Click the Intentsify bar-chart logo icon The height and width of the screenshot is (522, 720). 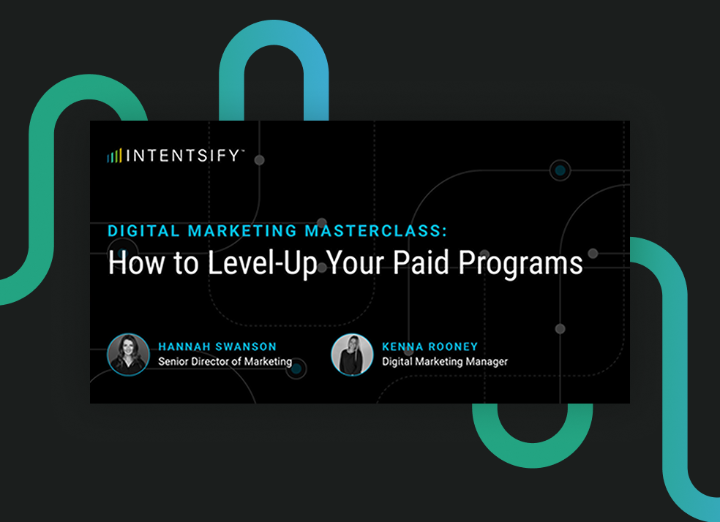click(x=115, y=155)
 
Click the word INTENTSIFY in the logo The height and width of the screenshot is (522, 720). click(x=183, y=155)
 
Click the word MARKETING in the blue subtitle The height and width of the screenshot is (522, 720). click(x=242, y=231)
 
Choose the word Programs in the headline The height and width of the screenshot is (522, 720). click(x=525, y=264)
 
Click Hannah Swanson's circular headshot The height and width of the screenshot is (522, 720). click(x=128, y=355)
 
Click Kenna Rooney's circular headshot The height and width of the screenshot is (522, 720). click(x=352, y=355)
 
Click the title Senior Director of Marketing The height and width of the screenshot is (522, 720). click(x=225, y=361)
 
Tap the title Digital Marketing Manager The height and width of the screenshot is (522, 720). click(x=445, y=361)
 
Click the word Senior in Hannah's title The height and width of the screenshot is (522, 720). click(x=174, y=361)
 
